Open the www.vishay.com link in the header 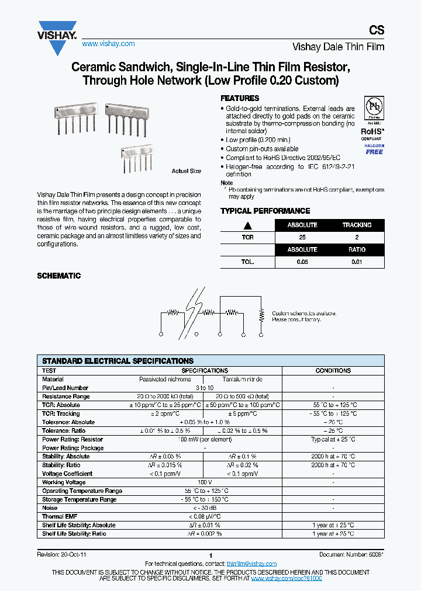108,44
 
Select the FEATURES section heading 240,98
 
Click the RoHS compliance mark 372,132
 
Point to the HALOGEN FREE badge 374,148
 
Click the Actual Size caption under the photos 186,171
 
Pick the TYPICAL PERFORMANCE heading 265,211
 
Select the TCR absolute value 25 302,238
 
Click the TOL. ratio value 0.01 357,262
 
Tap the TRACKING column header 357,225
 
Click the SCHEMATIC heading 59,276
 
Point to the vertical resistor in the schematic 260,316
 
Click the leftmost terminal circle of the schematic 161,335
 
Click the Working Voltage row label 64,482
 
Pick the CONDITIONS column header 333,370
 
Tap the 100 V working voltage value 204,482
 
